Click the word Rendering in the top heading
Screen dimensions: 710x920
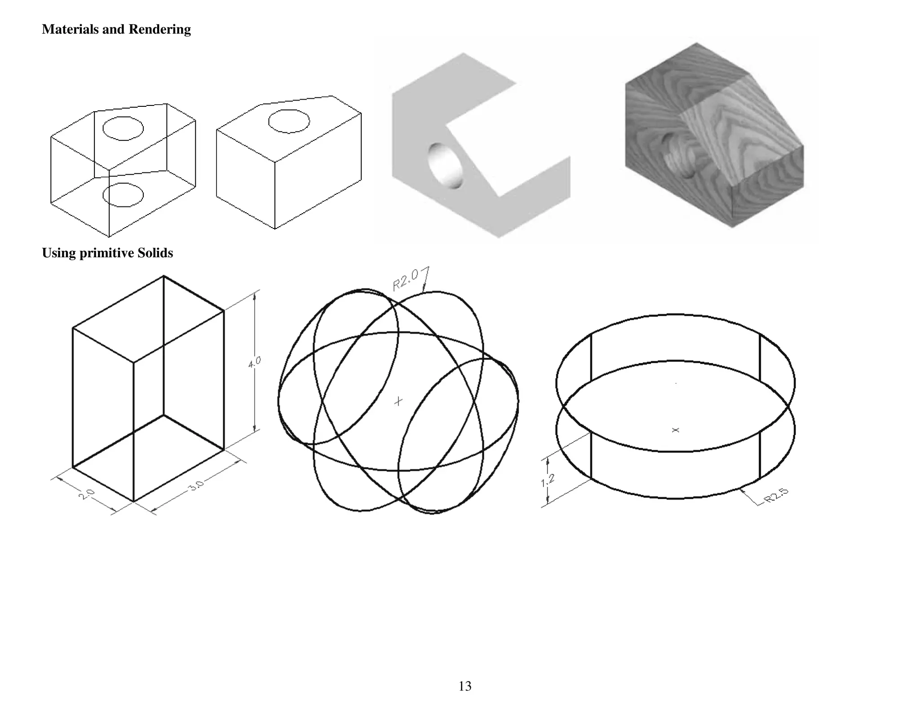(159, 30)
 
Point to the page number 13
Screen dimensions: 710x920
(465, 686)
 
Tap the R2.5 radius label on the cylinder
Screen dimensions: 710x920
(776, 495)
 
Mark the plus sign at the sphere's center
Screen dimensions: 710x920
(398, 401)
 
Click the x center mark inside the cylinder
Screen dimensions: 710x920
(675, 430)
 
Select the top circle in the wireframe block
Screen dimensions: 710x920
(123, 128)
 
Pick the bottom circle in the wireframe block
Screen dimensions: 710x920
(123, 195)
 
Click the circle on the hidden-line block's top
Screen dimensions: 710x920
(289, 121)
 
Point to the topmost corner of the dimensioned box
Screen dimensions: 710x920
(164, 276)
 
